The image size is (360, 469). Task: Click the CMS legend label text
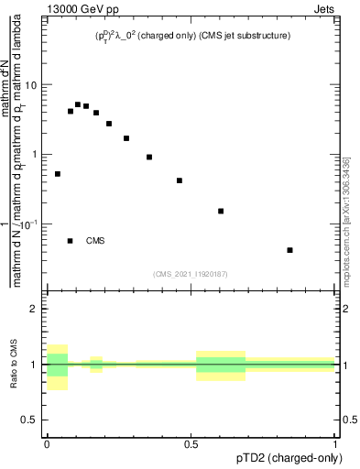95,241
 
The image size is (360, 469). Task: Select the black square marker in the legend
71,241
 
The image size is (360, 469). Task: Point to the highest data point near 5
78,104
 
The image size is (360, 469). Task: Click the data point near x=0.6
221,211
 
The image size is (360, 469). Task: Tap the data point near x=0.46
180,180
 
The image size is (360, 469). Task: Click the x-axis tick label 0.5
191,443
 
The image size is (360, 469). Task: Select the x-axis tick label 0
46,443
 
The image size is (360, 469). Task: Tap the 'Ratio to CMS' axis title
14,365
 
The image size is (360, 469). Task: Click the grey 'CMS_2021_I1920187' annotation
191,274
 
